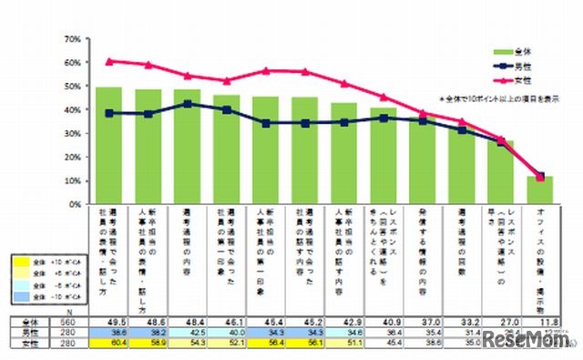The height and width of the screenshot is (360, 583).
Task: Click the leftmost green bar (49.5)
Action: point(109,146)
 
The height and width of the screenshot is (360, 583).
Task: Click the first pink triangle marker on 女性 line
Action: point(109,61)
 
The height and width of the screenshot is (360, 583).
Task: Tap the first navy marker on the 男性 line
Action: point(109,113)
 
